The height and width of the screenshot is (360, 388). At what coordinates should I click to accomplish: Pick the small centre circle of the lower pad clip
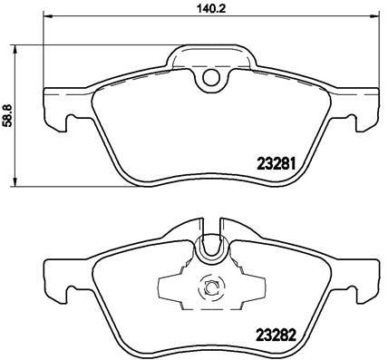pos(210,288)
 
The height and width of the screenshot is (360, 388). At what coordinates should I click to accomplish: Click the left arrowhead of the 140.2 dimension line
pos(47,16)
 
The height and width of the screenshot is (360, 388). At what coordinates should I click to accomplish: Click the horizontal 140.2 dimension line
pos(136,16)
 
